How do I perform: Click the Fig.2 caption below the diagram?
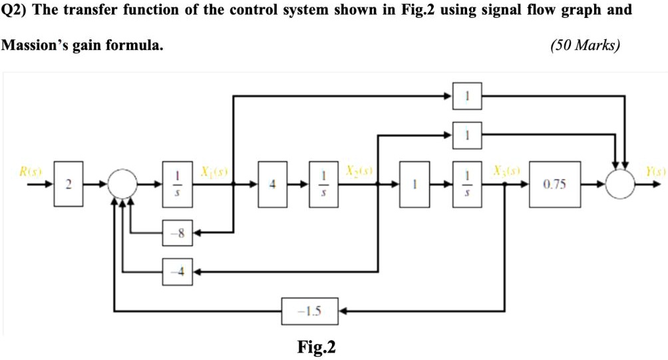pyautogui.click(x=317, y=347)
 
